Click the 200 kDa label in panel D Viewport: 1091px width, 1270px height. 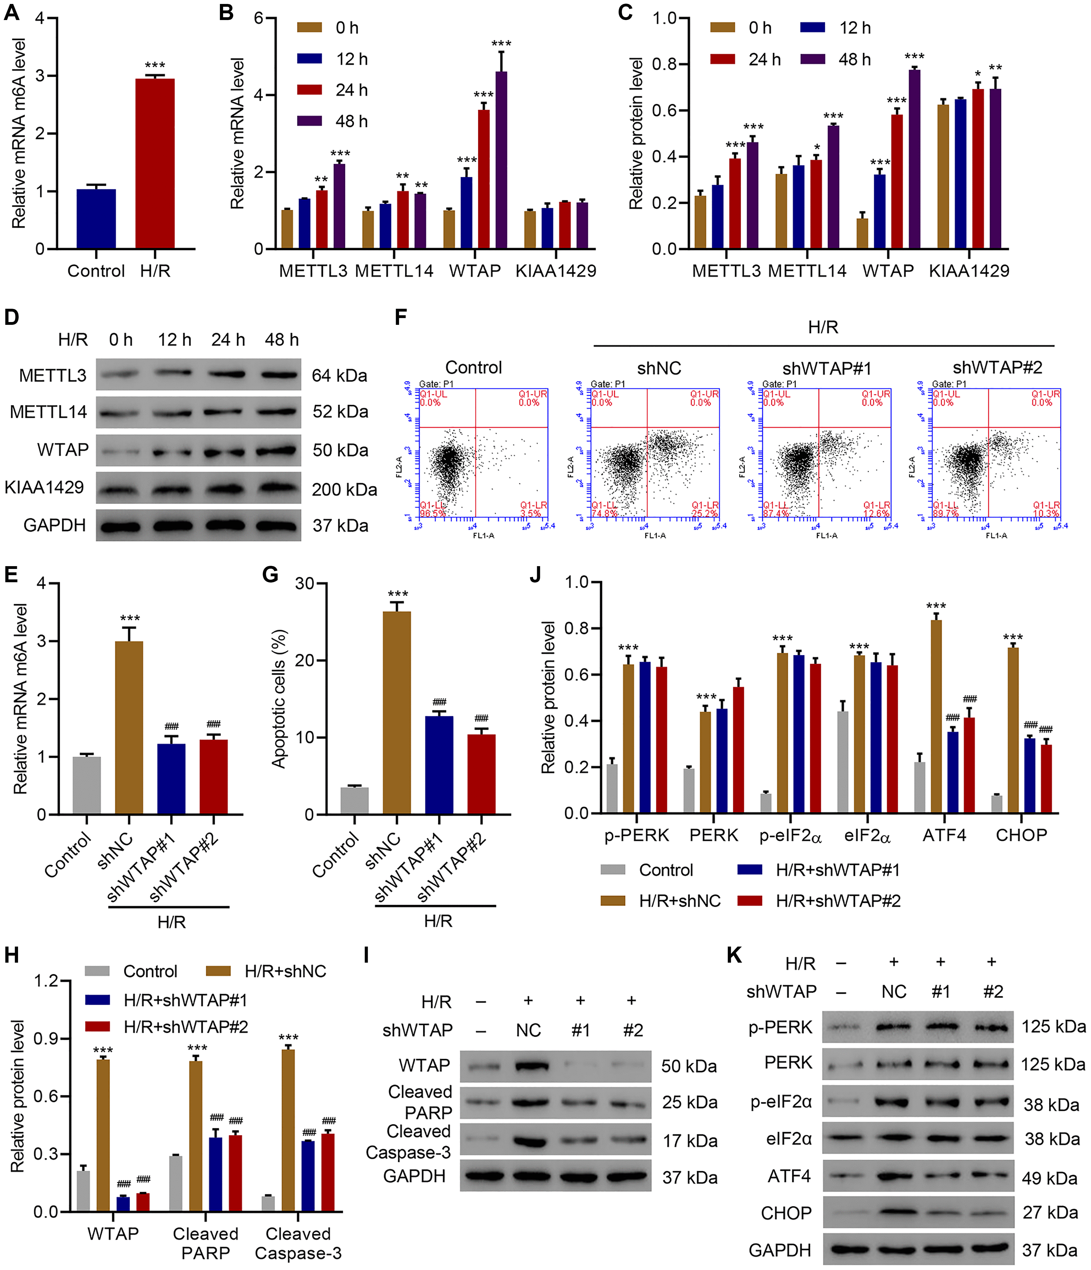344,490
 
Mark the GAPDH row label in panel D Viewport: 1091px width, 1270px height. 54,525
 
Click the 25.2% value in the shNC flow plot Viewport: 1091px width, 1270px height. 704,513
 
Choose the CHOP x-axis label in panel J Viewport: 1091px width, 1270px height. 1021,835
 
